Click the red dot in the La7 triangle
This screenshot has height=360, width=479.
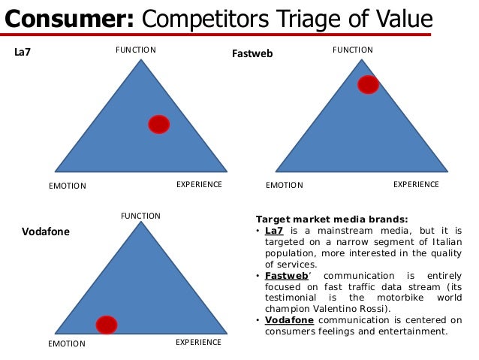tap(158, 124)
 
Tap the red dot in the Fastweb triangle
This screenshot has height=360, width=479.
tap(368, 84)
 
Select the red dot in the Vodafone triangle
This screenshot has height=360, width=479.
tap(107, 324)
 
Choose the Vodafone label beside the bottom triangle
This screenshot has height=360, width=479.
tap(46, 232)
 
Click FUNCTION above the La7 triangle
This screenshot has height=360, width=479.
tap(135, 50)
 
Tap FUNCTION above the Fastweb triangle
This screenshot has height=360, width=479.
tap(352, 50)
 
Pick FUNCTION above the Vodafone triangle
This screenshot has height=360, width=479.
tap(141, 216)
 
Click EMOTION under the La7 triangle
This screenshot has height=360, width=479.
tap(68, 186)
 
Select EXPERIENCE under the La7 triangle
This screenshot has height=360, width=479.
tap(199, 184)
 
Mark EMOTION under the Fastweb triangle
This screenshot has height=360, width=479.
tap(285, 185)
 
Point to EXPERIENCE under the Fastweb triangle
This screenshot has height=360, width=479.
tap(416, 183)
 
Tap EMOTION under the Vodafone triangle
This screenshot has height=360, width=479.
tap(67, 344)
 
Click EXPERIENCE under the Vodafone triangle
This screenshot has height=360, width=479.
tap(198, 343)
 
